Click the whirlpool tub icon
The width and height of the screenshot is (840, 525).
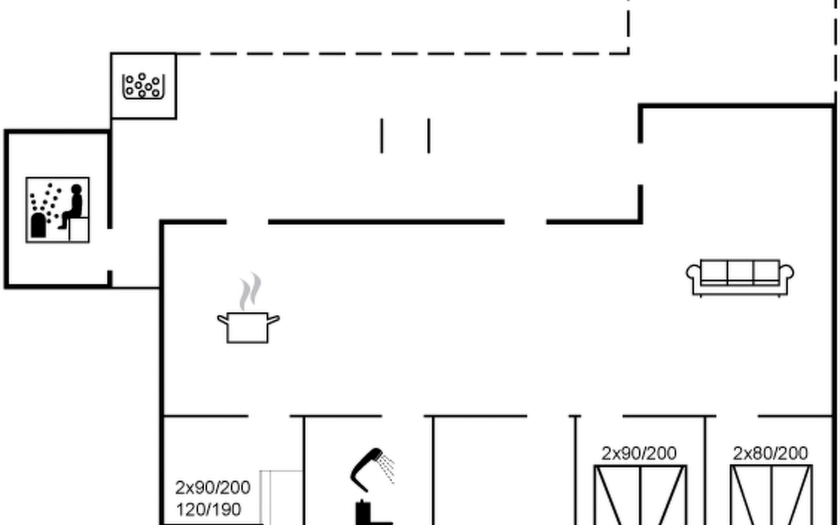(143, 86)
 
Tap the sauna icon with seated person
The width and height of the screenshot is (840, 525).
(57, 210)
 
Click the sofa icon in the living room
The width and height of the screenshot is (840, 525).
(740, 277)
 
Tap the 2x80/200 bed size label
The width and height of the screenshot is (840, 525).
(770, 453)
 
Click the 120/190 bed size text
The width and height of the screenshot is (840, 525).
(208, 510)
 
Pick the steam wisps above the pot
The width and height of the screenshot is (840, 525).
(250, 291)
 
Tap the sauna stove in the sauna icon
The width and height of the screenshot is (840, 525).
(38, 225)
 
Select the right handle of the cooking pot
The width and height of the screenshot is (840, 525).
(273, 319)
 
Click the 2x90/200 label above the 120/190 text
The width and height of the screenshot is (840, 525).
(213, 487)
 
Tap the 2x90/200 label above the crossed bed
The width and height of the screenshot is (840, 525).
(639, 453)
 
